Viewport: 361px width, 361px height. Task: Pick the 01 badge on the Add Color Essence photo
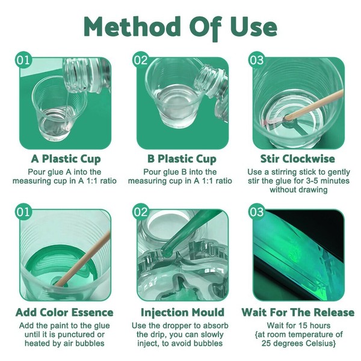[23, 212]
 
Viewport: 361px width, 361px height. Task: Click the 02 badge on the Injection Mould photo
[140, 212]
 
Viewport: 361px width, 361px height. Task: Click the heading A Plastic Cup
[66, 159]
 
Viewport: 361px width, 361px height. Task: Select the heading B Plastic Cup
[182, 159]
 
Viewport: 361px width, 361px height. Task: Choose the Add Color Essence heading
[66, 312]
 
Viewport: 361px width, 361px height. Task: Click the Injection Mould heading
[182, 312]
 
